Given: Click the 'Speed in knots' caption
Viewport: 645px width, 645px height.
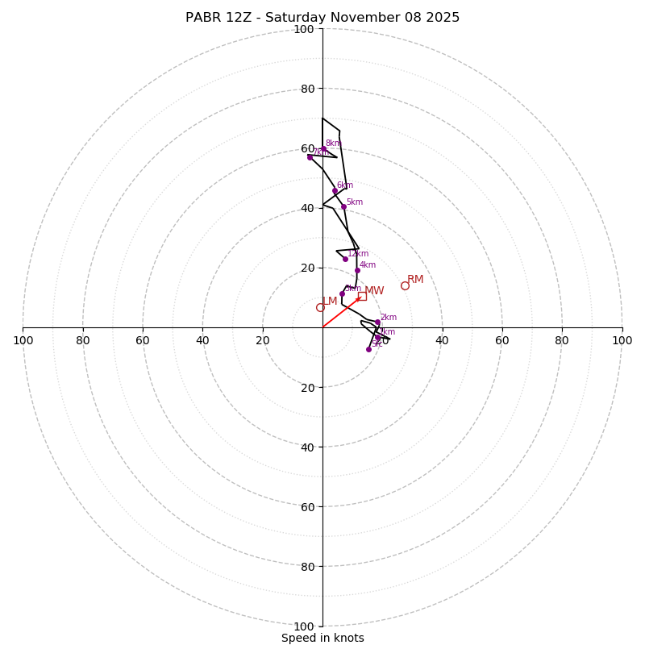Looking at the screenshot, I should click(x=322, y=638).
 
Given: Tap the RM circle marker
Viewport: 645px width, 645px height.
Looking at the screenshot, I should click(x=405, y=285).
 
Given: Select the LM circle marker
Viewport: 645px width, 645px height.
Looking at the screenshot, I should click(x=320, y=307).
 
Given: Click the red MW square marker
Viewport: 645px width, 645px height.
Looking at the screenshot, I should click(x=362, y=296).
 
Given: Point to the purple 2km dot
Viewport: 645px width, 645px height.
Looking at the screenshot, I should click(x=377, y=322).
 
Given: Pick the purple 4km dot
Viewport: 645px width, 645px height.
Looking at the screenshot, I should click(x=357, y=271).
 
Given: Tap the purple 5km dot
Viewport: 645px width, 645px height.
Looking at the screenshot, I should click(x=343, y=206).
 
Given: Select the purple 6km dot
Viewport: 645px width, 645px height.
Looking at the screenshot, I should click(x=335, y=191).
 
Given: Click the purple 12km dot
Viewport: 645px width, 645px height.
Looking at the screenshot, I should click(x=345, y=259).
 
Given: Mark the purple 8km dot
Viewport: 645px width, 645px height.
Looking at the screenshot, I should click(x=324, y=148).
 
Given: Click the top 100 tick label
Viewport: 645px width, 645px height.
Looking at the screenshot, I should click(x=304, y=30).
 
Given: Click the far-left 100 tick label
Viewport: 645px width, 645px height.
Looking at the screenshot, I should click(x=23, y=340).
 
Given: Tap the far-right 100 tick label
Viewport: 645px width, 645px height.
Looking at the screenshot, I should click(x=622, y=340).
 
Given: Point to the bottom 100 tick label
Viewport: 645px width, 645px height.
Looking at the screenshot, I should click(x=304, y=626).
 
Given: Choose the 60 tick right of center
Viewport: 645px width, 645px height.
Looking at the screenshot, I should click(x=501, y=340).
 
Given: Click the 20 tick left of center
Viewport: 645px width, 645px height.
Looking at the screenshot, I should click(x=263, y=340).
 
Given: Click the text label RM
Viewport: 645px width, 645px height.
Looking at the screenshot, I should click(x=415, y=280).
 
